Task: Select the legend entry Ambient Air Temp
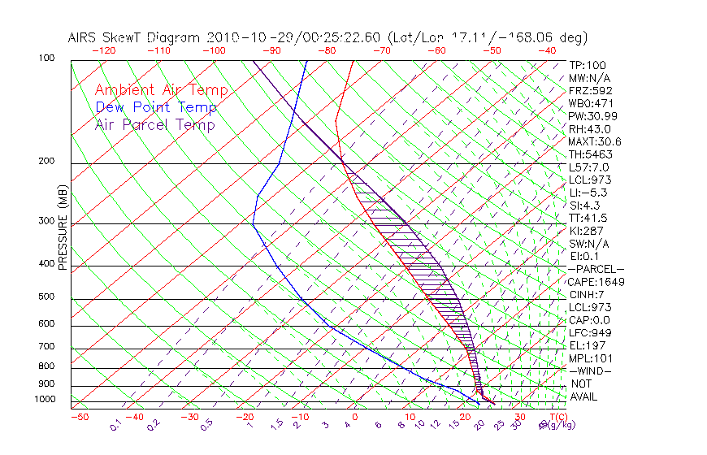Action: pos(161,90)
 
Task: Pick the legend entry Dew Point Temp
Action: pos(155,107)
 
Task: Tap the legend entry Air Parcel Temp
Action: pos(154,124)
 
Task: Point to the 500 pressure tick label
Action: pos(46,297)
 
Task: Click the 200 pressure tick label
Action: pos(46,162)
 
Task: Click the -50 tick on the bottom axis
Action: pos(80,417)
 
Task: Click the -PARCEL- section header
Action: pos(596,269)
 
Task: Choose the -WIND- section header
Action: pos(590,370)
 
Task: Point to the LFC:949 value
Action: pos(590,333)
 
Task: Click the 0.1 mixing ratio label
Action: pos(116,425)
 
